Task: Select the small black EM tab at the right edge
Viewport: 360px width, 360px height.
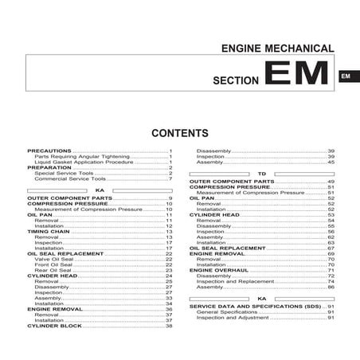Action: [x=346, y=76]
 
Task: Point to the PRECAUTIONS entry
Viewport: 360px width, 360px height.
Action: [x=49, y=150]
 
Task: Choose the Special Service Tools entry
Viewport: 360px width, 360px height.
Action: [x=65, y=173]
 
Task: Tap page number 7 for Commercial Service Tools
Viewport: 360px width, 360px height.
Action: [x=170, y=178]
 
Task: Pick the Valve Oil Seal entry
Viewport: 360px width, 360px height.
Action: [x=55, y=259]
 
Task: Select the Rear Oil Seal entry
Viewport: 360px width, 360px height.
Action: [x=53, y=270]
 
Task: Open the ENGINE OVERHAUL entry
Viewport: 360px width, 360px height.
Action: [x=218, y=270]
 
